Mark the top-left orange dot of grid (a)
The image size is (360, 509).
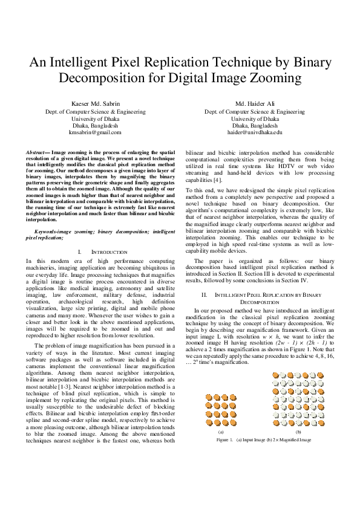tap(208, 381)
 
